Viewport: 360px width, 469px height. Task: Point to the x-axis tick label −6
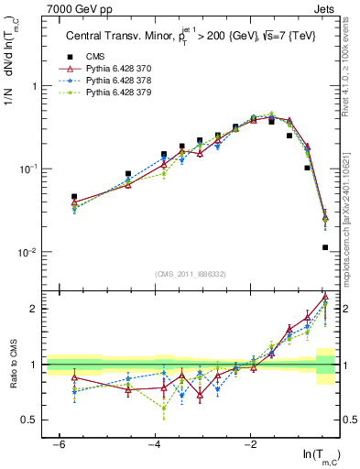59,444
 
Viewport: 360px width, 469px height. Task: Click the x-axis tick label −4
155,444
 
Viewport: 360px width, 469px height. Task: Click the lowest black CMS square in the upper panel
325,247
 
